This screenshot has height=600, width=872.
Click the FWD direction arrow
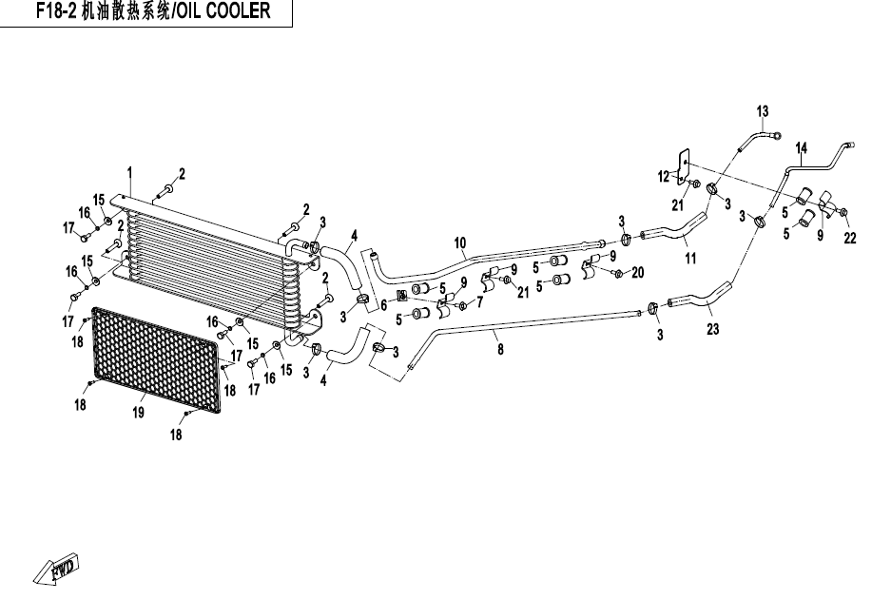60,567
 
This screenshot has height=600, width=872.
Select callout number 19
138,412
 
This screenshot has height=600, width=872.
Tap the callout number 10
459,243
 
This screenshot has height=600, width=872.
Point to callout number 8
501,349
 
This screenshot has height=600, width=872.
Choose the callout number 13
763,112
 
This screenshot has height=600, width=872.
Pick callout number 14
801,147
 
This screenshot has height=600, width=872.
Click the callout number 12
664,176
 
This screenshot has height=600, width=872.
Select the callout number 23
713,330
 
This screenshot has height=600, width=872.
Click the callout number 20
637,272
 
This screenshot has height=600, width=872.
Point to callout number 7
479,302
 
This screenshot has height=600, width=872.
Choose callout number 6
383,305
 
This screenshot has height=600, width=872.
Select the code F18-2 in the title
57,13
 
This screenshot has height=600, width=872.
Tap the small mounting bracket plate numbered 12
683,166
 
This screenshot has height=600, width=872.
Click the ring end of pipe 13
777,135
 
